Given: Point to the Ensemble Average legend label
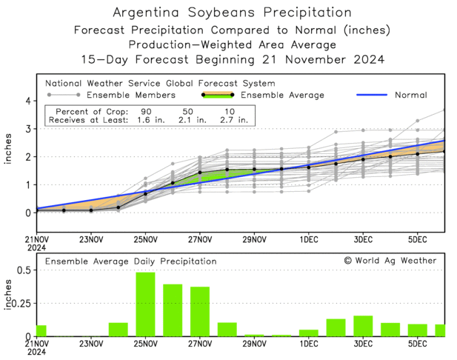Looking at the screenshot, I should click(x=284, y=95).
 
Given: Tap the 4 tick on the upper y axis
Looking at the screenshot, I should click(x=27, y=101).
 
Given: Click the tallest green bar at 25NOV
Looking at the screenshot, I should click(x=145, y=304).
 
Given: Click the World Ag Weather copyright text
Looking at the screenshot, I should click(x=390, y=261).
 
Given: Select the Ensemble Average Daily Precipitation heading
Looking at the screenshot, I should click(x=130, y=261).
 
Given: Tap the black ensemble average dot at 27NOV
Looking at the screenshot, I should click(x=200, y=173).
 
